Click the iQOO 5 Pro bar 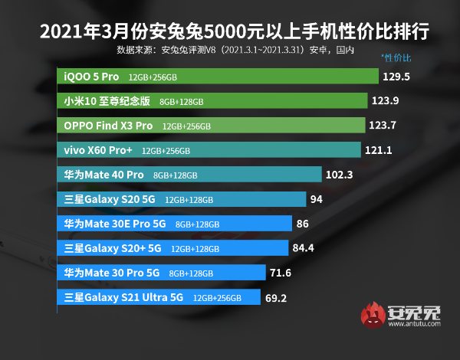tap(219, 77)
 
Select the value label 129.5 tap(400, 77)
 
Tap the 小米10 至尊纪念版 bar tap(214, 101)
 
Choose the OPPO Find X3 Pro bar tap(212, 126)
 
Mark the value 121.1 tap(379, 150)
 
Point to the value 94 tap(317, 199)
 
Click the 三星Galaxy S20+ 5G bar tap(173, 248)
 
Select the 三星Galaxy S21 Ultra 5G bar tap(160, 297)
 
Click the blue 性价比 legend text tap(396, 57)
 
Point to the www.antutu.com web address tap(415, 326)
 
